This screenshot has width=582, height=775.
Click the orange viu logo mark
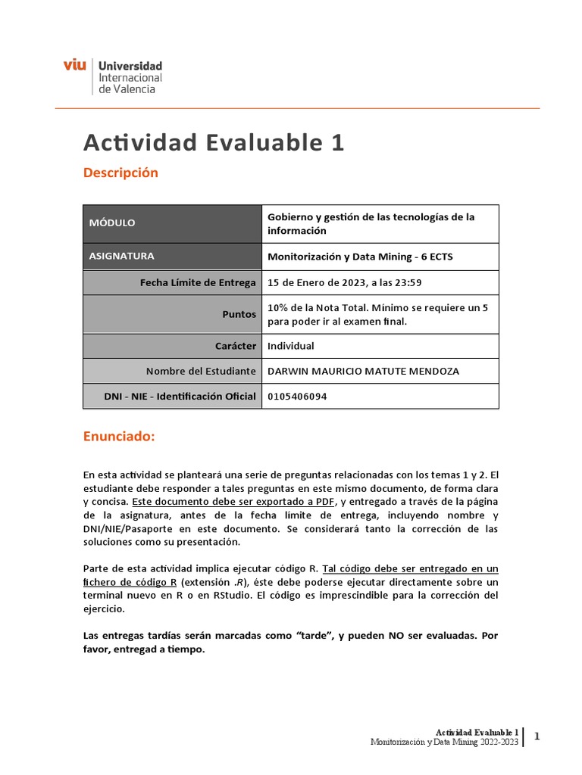tap(74, 66)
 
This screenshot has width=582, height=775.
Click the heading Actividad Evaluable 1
tap(213, 142)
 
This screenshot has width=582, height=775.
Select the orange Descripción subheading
tap(120, 173)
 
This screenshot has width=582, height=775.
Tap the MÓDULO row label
tap(112, 223)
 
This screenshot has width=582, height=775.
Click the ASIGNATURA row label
tap(122, 256)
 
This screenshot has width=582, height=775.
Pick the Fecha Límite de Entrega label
tap(198, 282)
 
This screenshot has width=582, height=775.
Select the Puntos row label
tap(239, 314)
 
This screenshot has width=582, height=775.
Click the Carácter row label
tap(236, 346)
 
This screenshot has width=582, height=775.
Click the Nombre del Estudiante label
tap(201, 371)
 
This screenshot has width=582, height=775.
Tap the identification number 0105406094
tap(298, 396)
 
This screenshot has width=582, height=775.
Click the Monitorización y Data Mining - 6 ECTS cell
tap(361, 256)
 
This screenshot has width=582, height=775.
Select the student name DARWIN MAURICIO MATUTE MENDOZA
tap(363, 371)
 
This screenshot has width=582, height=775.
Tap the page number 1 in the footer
tap(537, 736)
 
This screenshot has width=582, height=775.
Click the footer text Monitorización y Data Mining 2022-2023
tap(444, 742)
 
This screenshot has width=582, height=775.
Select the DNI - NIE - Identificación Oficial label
tap(180, 396)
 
